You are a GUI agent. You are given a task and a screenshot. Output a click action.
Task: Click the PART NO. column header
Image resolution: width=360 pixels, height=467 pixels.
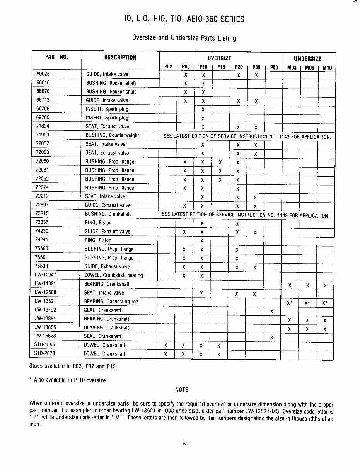pos(56,57)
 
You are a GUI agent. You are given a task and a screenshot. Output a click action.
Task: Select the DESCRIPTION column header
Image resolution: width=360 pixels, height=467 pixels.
pos(120,58)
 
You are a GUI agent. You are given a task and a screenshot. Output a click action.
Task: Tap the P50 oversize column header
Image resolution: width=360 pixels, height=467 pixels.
pos(274,67)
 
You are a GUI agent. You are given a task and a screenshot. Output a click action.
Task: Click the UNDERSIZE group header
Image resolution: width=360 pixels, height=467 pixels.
pos(307,59)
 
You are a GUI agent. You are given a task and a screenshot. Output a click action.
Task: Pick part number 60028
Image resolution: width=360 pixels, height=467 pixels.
pos(43,74)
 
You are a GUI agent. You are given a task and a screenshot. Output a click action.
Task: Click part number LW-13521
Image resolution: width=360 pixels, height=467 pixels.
pos(45,301)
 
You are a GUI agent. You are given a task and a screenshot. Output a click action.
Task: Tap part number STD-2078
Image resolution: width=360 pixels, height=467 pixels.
pos(45,353)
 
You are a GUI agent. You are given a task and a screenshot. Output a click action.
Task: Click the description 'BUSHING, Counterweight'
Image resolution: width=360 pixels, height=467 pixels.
pos(112,135)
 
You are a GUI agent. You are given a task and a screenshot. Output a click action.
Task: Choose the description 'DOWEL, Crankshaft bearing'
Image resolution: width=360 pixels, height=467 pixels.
pos(113,275)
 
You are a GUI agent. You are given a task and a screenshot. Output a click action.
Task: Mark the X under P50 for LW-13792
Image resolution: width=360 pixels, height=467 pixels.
pos(272,311)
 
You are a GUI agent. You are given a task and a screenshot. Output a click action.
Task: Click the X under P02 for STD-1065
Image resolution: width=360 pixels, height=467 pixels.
pos(166,346)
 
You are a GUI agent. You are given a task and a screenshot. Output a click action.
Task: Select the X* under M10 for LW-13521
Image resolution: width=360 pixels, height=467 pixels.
pos(325,303)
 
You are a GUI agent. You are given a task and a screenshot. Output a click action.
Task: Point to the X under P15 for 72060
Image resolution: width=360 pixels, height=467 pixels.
pos(220,162)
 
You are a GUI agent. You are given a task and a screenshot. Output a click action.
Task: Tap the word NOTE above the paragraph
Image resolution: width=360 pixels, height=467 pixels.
pos(181,390)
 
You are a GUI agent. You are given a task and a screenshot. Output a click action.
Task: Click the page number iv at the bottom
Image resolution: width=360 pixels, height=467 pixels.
pos(184,443)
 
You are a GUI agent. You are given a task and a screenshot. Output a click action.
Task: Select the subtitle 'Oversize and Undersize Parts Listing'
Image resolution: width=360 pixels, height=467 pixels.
pos(184,38)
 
